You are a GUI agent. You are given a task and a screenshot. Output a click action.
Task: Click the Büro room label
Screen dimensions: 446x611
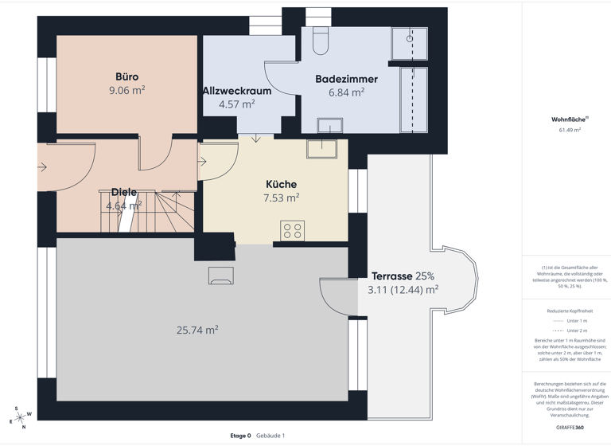point(126,77)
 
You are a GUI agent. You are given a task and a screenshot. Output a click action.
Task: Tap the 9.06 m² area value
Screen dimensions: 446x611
point(126,91)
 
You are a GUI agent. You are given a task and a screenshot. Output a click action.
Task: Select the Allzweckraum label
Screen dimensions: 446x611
point(237,91)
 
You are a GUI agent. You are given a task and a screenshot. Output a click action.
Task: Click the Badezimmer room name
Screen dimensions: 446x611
point(346,79)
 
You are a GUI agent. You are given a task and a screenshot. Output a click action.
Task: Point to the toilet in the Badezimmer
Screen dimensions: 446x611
point(321,41)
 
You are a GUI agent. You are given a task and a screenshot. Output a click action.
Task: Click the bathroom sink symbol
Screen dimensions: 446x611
point(329,125)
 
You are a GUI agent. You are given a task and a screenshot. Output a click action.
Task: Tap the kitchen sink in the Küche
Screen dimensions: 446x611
point(321,148)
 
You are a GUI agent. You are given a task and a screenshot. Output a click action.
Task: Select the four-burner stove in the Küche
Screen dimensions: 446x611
point(292,231)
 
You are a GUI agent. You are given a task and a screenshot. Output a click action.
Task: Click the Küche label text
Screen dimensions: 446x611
point(281,184)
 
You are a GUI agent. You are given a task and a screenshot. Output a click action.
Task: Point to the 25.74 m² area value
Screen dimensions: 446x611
point(197,330)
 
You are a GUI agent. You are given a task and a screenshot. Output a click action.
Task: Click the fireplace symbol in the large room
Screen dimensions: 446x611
point(220,276)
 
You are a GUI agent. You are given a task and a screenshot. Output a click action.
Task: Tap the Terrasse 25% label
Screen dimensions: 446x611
point(403,276)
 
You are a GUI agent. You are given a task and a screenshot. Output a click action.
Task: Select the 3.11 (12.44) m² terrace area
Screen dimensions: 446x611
point(403,290)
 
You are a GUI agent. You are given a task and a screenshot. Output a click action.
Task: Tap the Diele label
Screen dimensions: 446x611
point(124,193)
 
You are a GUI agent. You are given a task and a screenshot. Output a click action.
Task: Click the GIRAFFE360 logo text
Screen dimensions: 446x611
point(570,428)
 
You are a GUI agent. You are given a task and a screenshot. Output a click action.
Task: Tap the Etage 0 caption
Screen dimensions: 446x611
point(240,436)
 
